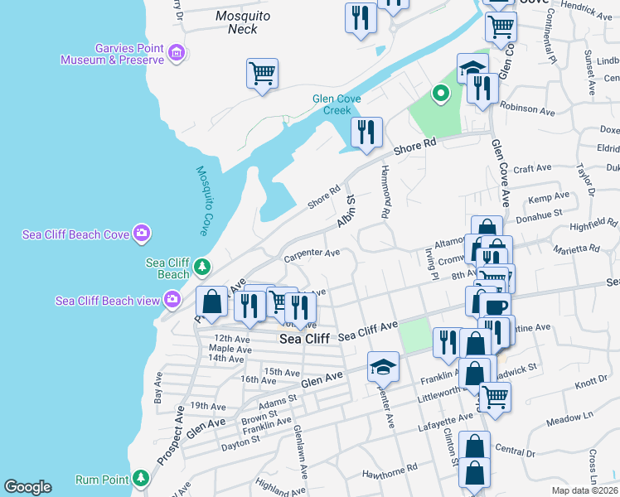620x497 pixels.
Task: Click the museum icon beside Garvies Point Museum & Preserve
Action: [176, 55]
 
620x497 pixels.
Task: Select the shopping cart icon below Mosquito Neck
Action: [262, 73]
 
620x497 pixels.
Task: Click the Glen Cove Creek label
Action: [337, 104]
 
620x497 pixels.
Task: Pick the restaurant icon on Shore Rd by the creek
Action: [366, 132]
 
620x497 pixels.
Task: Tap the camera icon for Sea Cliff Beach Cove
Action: [141, 234]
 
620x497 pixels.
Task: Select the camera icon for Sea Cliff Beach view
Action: [172, 299]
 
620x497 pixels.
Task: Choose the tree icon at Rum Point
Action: [140, 479]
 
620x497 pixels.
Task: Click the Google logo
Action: [27, 487]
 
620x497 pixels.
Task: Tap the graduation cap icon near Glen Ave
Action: [383, 364]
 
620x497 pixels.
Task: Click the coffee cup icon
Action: [496, 306]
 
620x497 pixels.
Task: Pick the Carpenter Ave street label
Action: [312, 253]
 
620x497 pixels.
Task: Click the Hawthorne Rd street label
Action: [389, 475]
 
